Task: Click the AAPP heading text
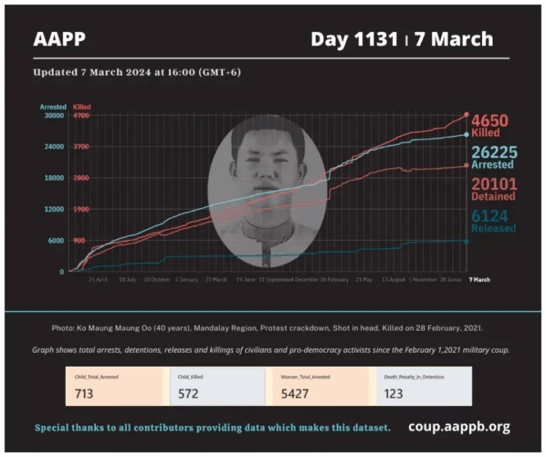tap(59, 39)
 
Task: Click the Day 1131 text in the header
tap(354, 39)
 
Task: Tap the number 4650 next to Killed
tap(491, 121)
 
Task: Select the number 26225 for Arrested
tap(493, 152)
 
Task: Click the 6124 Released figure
tap(490, 216)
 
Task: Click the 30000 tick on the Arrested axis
tap(53, 115)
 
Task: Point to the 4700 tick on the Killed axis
tap(82, 115)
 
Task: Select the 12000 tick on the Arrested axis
tap(53, 209)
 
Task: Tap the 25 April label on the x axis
tap(97, 279)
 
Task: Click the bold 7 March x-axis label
tap(479, 279)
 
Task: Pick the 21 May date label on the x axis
tap(363, 279)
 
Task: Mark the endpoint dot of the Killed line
tap(466, 114)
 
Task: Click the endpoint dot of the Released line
tap(466, 242)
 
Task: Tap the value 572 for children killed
tap(188, 394)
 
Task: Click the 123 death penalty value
tap(395, 394)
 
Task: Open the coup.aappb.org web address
tap(459, 427)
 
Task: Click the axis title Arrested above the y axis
tap(53, 107)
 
